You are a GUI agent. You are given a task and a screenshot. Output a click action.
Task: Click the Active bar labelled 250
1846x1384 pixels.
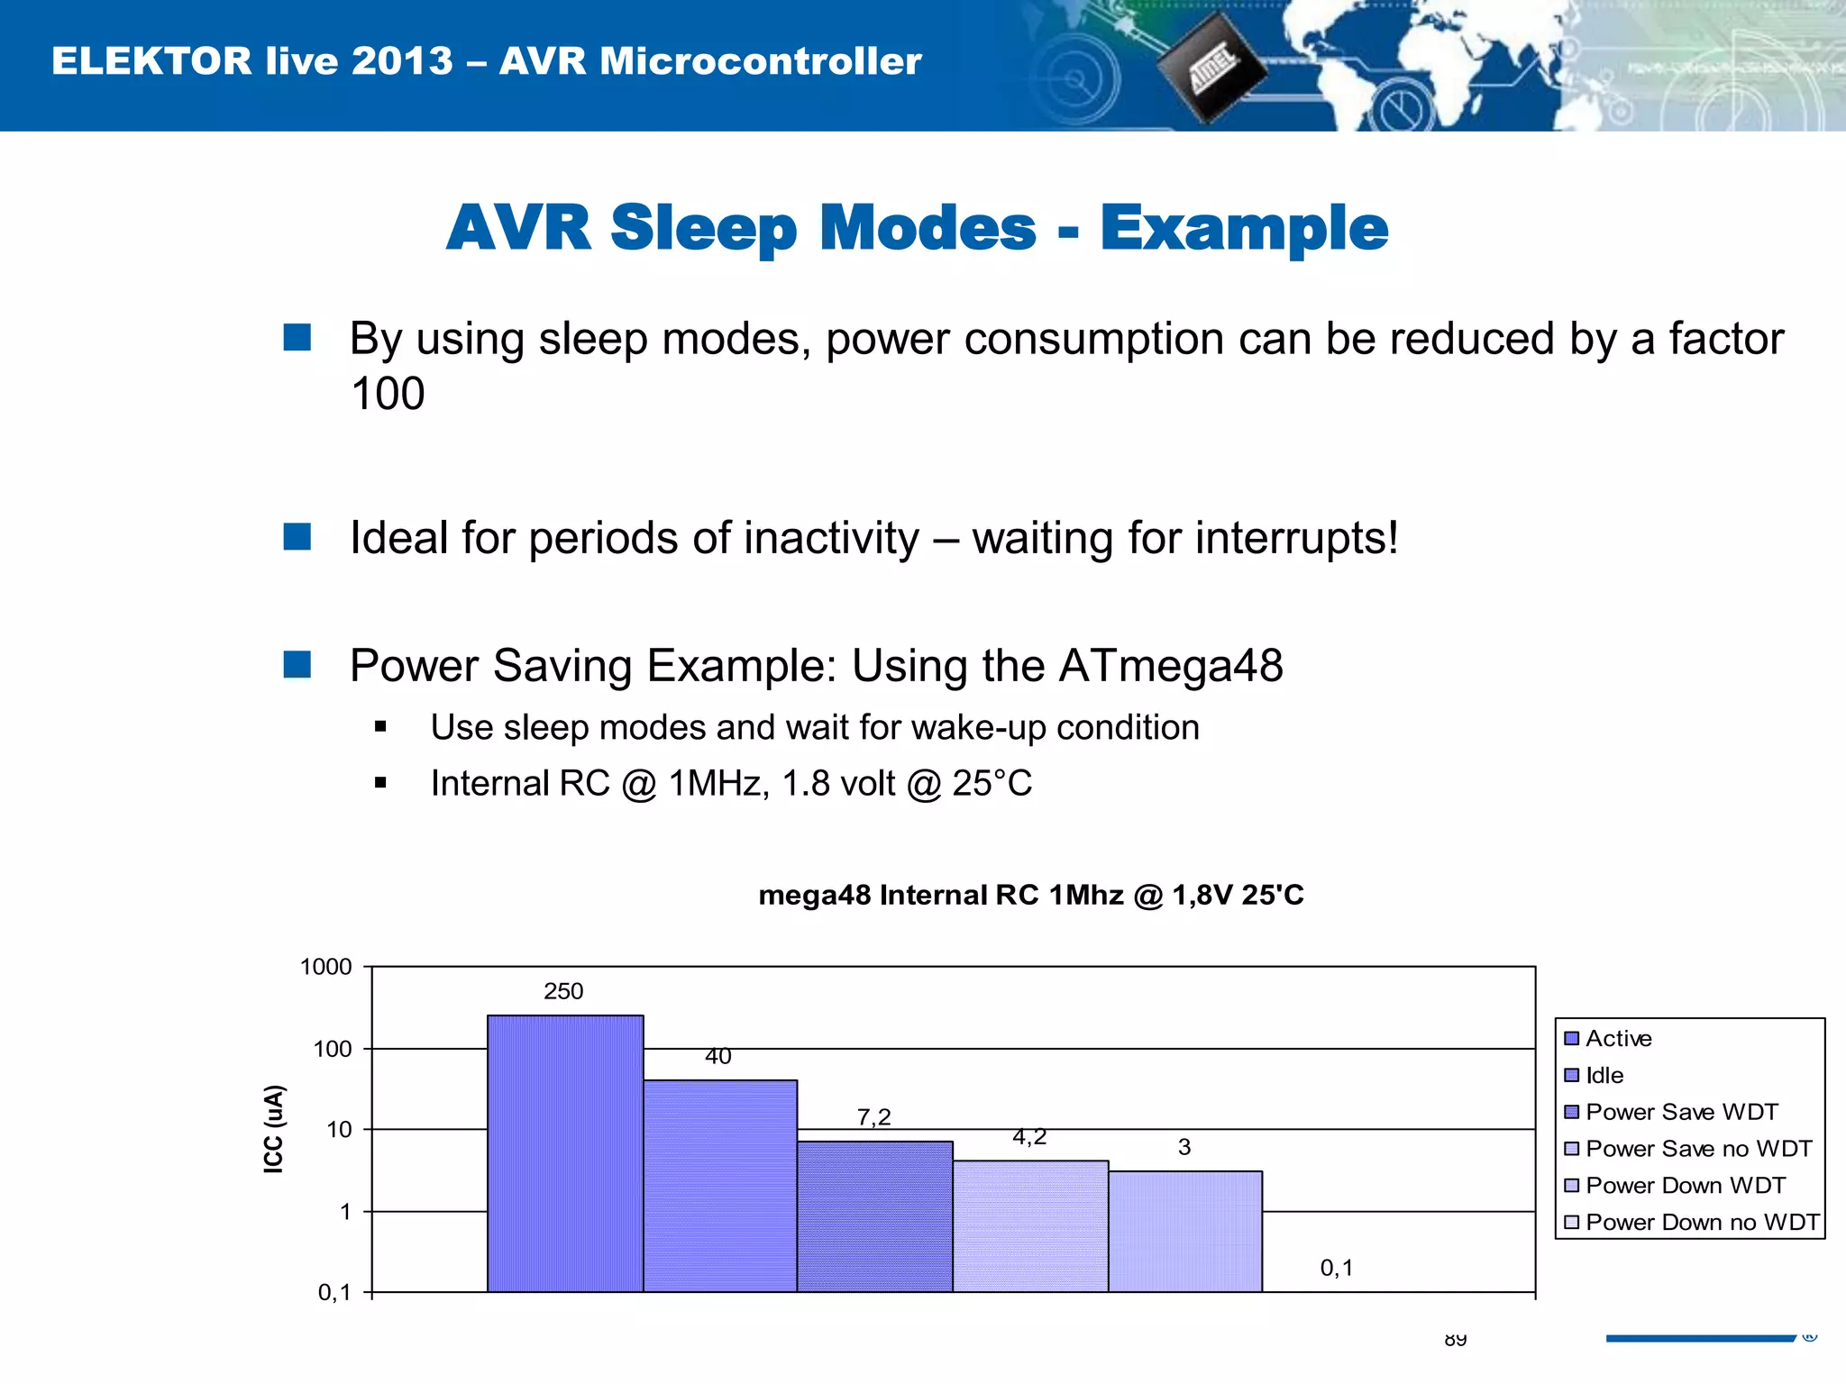pyautogui.click(x=565, y=1153)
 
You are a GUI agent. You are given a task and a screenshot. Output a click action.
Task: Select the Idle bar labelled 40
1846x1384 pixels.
pyautogui.click(x=720, y=1186)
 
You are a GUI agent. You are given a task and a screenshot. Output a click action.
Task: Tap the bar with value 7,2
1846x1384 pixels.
pyautogui.click(x=874, y=1216)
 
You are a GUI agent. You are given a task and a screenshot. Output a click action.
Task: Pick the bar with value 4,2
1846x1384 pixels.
pyautogui.click(x=1030, y=1226)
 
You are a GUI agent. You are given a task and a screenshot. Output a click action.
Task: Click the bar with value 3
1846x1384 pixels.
pyautogui.click(x=1184, y=1232)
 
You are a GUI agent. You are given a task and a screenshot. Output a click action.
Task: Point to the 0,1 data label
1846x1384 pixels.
pyautogui.click(x=1336, y=1268)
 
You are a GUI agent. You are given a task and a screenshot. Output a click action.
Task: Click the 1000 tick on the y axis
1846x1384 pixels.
pyautogui.click(x=325, y=967)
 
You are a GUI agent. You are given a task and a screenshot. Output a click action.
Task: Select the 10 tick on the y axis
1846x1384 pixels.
pyautogui.click(x=339, y=1130)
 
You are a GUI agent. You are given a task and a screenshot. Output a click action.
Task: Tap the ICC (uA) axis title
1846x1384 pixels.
pyautogui.click(x=273, y=1129)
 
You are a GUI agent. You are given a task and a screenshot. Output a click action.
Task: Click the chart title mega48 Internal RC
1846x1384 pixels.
pyautogui.click(x=1030, y=895)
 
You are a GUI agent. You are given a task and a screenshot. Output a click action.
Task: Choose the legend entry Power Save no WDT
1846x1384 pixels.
pyautogui.click(x=1698, y=1149)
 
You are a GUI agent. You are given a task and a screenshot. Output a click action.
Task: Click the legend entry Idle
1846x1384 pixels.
pyautogui.click(x=1604, y=1075)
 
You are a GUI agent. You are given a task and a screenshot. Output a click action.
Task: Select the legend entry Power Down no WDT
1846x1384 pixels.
pyautogui.click(x=1702, y=1222)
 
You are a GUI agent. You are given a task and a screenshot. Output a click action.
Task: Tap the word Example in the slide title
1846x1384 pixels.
pyautogui.click(x=1244, y=228)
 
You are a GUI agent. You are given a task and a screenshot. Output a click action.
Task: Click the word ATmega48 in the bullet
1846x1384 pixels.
pyautogui.click(x=1170, y=666)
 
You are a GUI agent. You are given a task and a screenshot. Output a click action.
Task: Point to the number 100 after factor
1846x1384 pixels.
pyautogui.click(x=388, y=394)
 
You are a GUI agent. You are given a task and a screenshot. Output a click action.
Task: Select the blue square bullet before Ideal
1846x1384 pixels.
pyautogui.click(x=297, y=537)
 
